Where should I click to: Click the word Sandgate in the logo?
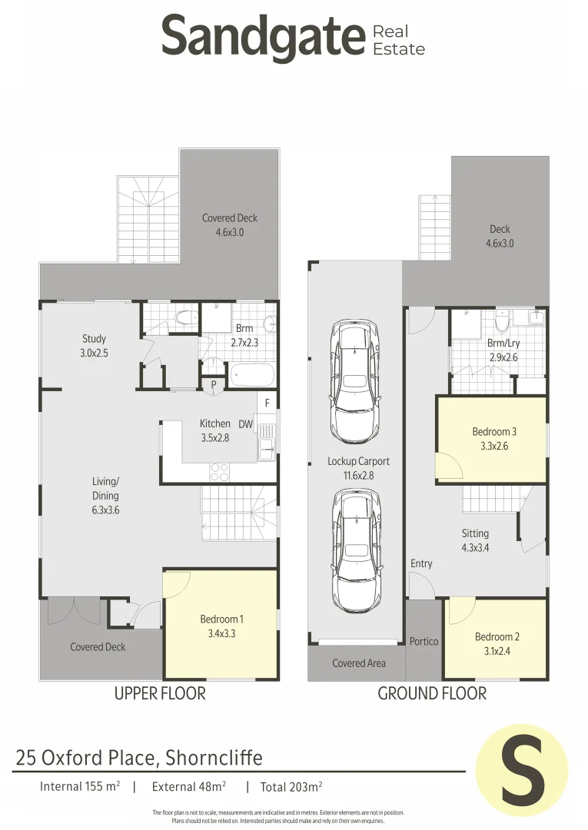tap(262, 37)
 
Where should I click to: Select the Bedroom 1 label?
tap(222, 626)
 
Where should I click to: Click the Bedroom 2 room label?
tap(497, 643)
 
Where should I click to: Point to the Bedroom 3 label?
tap(493, 438)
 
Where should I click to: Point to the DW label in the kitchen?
tap(246, 423)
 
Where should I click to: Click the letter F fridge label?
tap(267, 403)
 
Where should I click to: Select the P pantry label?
tap(214, 385)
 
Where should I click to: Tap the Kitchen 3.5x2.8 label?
tap(214, 430)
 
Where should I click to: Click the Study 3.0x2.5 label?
tap(94, 345)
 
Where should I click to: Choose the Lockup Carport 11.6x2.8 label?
tap(358, 468)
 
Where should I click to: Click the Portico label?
tap(424, 641)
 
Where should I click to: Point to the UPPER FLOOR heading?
tap(160, 693)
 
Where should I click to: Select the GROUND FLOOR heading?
tap(432, 693)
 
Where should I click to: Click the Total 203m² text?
tap(291, 786)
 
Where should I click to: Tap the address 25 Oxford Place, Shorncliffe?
tap(139, 758)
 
